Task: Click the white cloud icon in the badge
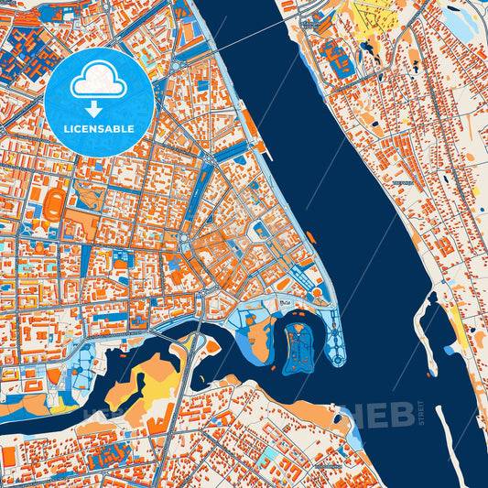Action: tap(99, 81)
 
